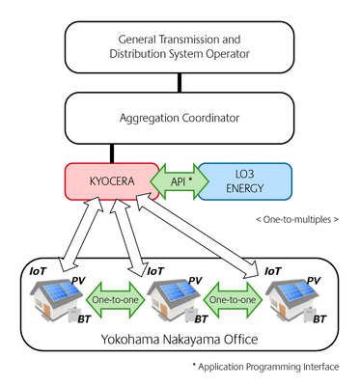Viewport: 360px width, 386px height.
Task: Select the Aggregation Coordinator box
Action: tap(180, 118)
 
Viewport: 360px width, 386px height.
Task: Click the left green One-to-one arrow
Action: tap(115, 300)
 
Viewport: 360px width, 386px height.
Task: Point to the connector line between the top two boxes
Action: tap(180, 84)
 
